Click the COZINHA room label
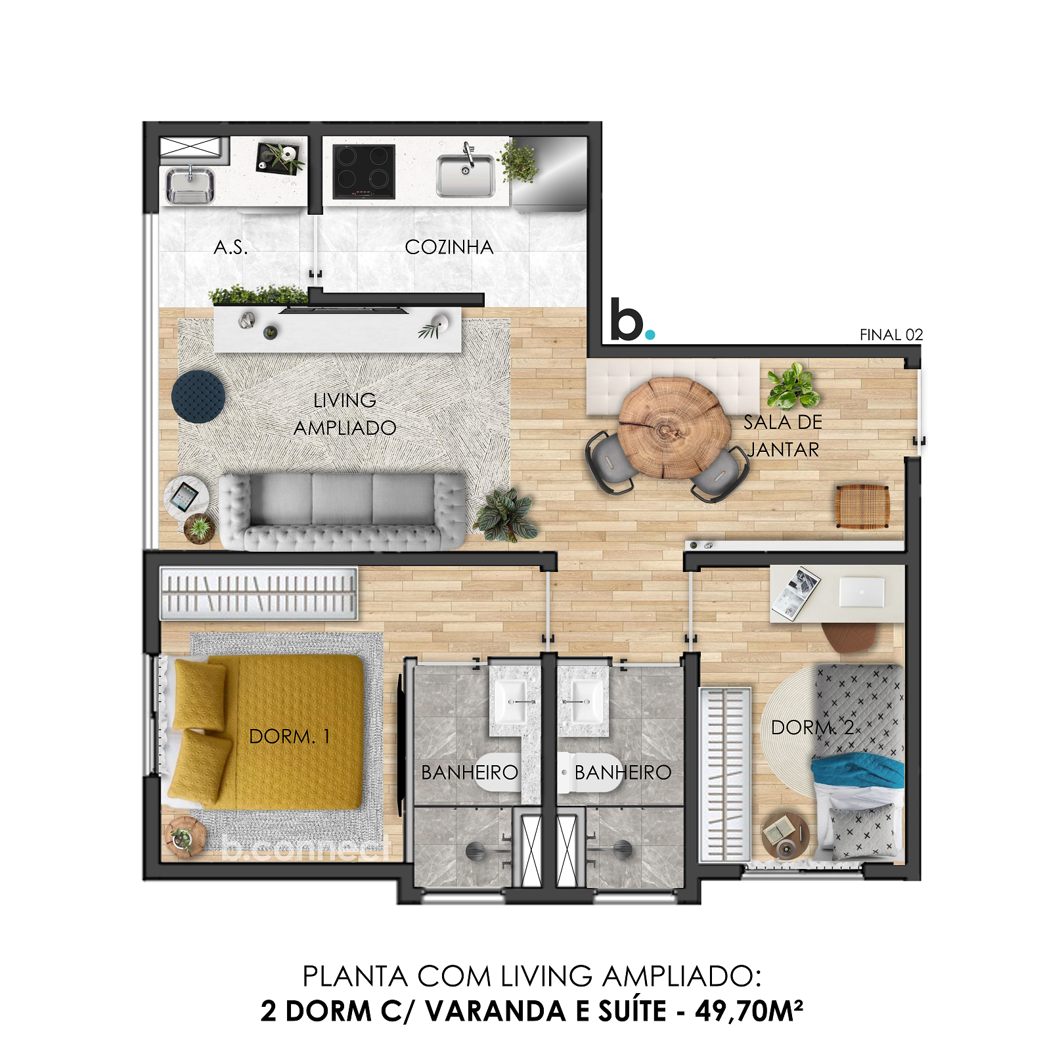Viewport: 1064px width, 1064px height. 449,247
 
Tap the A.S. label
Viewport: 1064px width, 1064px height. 231,248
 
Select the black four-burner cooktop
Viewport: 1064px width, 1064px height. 363,171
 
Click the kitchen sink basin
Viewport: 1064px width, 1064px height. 466,175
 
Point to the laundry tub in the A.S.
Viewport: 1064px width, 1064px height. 189,185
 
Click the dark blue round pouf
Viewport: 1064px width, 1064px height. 198,396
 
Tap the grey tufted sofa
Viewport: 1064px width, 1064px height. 342,511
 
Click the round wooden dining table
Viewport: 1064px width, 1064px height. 675,428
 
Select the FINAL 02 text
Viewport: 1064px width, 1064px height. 891,335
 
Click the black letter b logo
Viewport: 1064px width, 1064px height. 627,321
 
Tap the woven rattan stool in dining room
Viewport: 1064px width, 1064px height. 862,506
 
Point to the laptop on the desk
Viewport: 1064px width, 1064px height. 862,592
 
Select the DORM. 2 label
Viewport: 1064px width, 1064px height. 812,727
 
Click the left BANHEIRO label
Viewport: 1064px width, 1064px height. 469,772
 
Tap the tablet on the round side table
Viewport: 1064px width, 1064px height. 184,496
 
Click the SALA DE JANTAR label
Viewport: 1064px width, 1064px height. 782,436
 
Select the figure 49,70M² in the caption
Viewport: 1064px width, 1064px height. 749,1011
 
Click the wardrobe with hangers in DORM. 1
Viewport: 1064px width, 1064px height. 259,593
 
